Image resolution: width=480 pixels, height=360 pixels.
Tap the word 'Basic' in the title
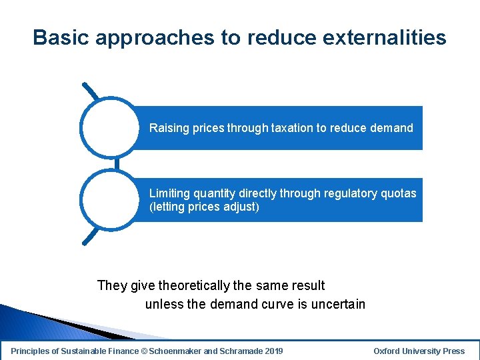pyautogui.click(x=61, y=37)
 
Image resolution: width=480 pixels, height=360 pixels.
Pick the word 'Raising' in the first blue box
pyautogui.click(x=169, y=128)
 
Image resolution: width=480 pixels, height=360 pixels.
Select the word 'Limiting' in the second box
pyautogui.click(x=169, y=193)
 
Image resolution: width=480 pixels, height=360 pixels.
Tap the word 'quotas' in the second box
pyautogui.click(x=398, y=193)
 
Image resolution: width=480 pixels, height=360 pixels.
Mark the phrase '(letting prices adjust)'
pyautogui.click(x=204, y=207)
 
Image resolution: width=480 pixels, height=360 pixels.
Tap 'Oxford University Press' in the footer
pyautogui.click(x=419, y=351)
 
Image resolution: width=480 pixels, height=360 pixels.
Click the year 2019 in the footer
pyautogui.click(x=273, y=351)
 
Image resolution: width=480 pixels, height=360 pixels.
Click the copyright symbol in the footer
pyautogui.click(x=144, y=351)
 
